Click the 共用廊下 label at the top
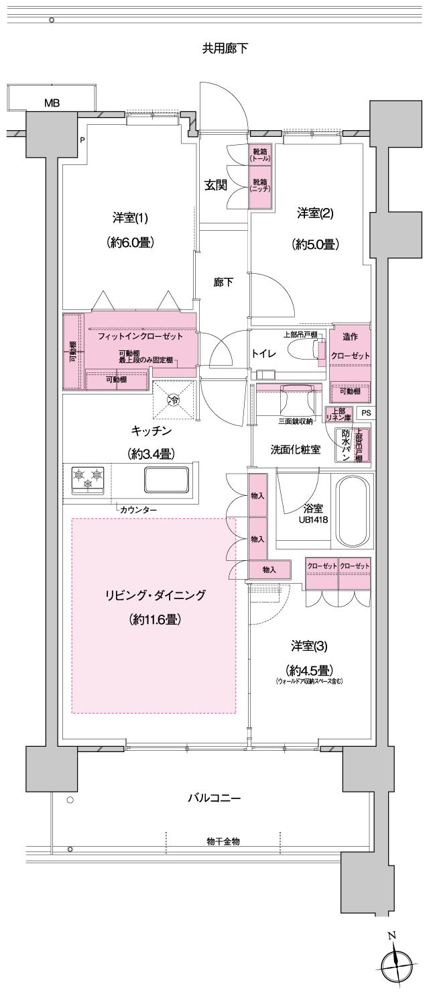tap(225, 48)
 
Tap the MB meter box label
tap(52, 103)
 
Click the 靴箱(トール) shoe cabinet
tap(259, 156)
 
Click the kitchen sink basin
tap(165, 479)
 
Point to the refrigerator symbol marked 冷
tap(174, 401)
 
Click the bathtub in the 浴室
tap(353, 511)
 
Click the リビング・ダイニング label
tap(155, 594)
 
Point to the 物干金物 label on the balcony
tap(223, 841)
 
